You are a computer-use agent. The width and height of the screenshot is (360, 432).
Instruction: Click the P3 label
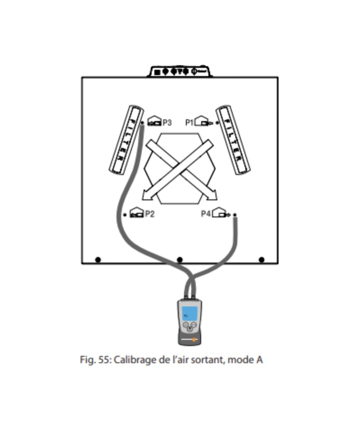click(x=167, y=122)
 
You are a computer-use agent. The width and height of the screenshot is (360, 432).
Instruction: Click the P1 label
click(x=189, y=122)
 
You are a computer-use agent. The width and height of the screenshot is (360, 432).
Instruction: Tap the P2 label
click(x=149, y=214)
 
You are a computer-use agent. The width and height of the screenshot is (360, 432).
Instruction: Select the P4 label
click(x=206, y=214)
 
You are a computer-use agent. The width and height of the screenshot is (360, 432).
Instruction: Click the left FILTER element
click(x=126, y=140)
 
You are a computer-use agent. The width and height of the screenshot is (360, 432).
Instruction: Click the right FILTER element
click(x=233, y=140)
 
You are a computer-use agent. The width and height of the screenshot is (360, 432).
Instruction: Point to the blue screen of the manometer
click(x=189, y=313)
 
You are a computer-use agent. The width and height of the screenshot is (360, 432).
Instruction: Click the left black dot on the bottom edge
click(x=98, y=260)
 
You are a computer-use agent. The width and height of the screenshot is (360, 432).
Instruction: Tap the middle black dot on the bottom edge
click(x=180, y=260)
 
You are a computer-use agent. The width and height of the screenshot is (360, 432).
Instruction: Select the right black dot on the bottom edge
click(x=261, y=260)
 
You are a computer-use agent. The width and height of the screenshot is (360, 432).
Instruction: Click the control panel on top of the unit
click(x=180, y=72)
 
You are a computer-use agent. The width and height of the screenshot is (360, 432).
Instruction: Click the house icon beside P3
click(x=154, y=121)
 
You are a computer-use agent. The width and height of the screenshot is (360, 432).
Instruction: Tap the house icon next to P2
click(x=136, y=213)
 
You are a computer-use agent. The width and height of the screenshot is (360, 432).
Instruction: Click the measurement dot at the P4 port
click(x=234, y=215)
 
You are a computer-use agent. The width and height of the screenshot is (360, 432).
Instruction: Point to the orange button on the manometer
click(x=194, y=340)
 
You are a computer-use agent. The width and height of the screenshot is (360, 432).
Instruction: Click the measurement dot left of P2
click(x=125, y=215)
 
